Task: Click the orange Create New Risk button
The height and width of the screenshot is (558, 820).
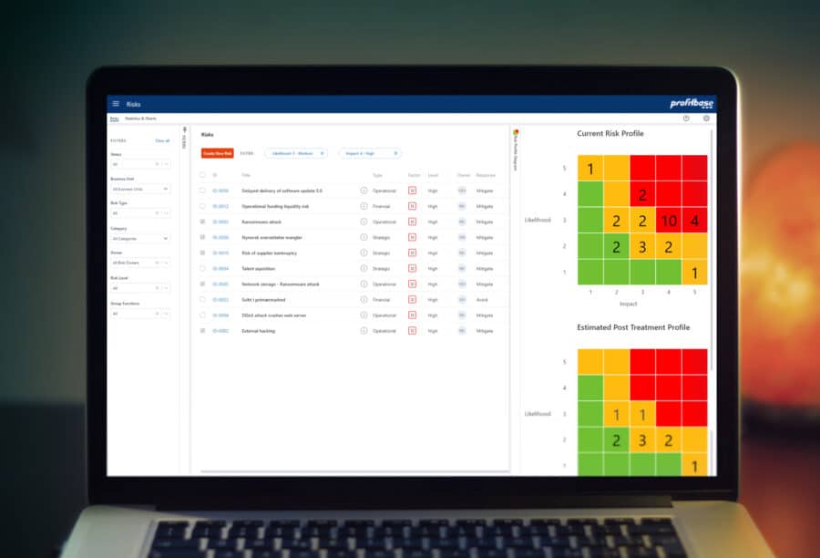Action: pos(218,153)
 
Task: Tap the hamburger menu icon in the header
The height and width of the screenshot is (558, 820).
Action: pos(116,104)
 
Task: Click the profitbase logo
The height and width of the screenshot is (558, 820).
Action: pos(692,104)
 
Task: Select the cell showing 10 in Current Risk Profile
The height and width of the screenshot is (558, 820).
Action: pos(668,221)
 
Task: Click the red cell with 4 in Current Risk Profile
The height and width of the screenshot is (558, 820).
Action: pos(694,221)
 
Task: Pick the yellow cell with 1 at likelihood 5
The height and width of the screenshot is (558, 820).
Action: pos(589,169)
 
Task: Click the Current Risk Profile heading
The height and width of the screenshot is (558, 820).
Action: pos(610,134)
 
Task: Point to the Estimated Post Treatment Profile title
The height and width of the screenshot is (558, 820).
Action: pos(633,327)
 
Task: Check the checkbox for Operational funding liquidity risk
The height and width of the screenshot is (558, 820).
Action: pos(202,206)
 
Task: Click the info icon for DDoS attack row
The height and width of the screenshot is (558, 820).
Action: pos(364,315)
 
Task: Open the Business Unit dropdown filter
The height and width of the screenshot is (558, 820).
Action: pos(139,189)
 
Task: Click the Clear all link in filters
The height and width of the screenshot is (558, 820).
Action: pos(162,141)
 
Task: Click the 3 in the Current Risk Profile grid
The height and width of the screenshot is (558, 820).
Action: pos(642,247)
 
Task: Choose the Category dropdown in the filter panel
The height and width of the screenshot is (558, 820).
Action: pos(139,238)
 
